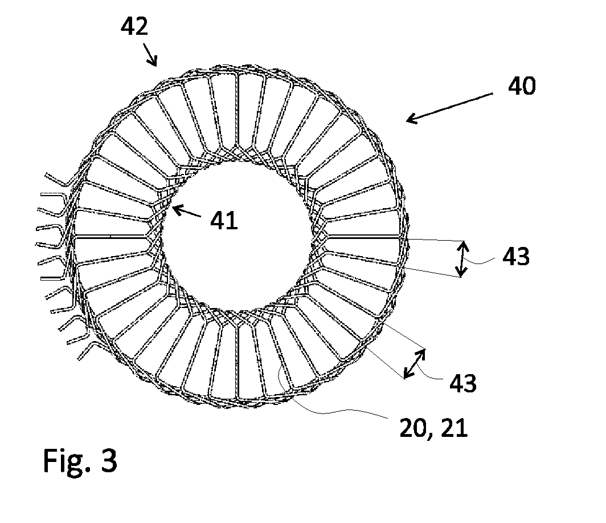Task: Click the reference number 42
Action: (134, 27)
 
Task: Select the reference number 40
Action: (522, 86)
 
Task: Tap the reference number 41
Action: (224, 221)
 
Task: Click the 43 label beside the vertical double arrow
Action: (515, 256)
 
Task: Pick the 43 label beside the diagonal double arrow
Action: (462, 383)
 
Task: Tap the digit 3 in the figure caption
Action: (109, 460)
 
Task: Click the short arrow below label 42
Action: (150, 55)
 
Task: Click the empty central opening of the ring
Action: (236, 236)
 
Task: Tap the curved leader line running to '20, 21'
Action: (329, 410)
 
